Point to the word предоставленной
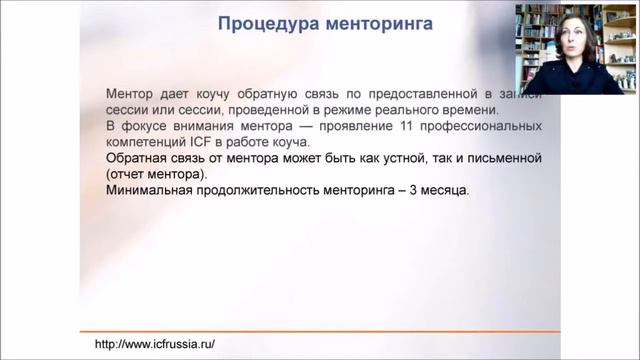tap(415, 93)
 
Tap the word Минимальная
tap(150, 191)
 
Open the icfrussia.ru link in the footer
tap(154, 344)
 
